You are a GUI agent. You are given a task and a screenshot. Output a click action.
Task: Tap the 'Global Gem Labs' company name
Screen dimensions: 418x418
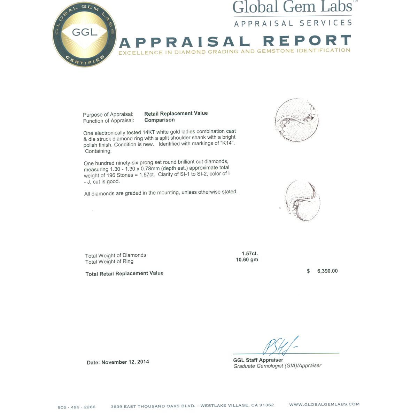click(x=292, y=7)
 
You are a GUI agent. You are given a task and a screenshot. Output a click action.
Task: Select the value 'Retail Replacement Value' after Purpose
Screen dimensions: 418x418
click(x=176, y=113)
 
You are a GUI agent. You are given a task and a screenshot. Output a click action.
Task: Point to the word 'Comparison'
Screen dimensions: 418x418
click(x=160, y=120)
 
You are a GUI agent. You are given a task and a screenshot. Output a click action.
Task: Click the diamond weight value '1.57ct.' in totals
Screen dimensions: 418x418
click(x=250, y=254)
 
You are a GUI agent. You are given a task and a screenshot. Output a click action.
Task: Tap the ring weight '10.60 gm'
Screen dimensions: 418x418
click(x=247, y=260)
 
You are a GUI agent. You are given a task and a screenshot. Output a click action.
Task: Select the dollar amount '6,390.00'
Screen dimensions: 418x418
click(x=327, y=271)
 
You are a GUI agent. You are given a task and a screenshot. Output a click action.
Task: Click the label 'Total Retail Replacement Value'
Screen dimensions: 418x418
click(x=124, y=273)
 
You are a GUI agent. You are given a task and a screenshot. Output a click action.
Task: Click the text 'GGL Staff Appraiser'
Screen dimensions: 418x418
click(x=258, y=360)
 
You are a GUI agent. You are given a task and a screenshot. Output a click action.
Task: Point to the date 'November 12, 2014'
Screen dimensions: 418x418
click(x=125, y=362)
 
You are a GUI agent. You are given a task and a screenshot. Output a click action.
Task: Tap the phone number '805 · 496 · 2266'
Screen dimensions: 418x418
click(x=77, y=407)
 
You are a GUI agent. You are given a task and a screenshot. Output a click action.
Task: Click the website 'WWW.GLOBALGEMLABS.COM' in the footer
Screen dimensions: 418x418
click(x=324, y=404)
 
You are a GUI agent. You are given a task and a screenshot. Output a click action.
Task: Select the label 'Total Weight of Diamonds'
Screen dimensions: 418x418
click(x=116, y=255)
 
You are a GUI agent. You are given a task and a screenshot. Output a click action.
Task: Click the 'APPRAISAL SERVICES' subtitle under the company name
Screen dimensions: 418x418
click(x=293, y=23)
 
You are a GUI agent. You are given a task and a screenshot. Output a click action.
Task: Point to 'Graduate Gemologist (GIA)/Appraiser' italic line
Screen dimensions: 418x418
click(x=277, y=366)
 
